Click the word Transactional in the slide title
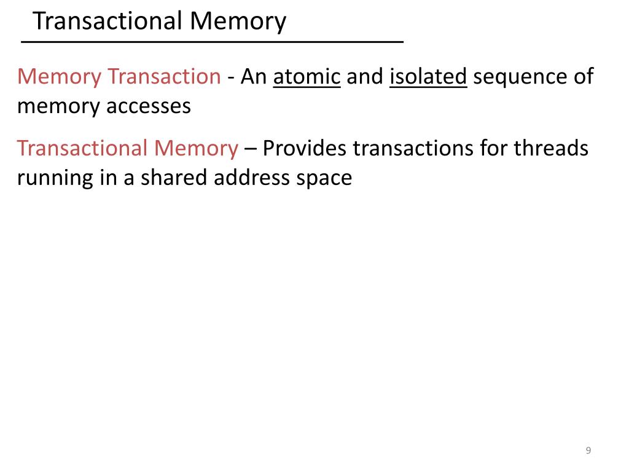(107, 22)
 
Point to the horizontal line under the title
(212, 41)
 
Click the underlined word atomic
(307, 77)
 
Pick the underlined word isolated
(428, 77)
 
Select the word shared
(174, 178)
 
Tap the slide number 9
(588, 451)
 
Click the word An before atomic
(254, 77)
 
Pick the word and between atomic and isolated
(365, 77)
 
